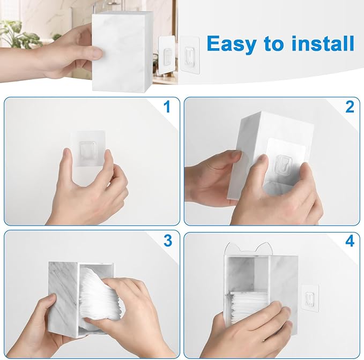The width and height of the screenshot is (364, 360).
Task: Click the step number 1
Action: [167, 107]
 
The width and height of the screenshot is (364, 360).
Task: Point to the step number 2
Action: [350, 107]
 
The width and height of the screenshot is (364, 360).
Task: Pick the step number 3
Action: [168, 241]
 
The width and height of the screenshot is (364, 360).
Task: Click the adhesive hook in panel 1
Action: [88, 148]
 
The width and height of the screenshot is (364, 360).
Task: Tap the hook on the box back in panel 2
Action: [284, 165]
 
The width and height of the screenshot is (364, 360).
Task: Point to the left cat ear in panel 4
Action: [232, 247]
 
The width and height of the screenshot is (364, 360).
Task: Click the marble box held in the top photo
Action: [122, 51]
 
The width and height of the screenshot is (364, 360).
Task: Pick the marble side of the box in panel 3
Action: [63, 299]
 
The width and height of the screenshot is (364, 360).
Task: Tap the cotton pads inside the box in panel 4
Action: [250, 304]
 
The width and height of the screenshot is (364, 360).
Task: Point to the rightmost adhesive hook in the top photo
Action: [190, 56]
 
